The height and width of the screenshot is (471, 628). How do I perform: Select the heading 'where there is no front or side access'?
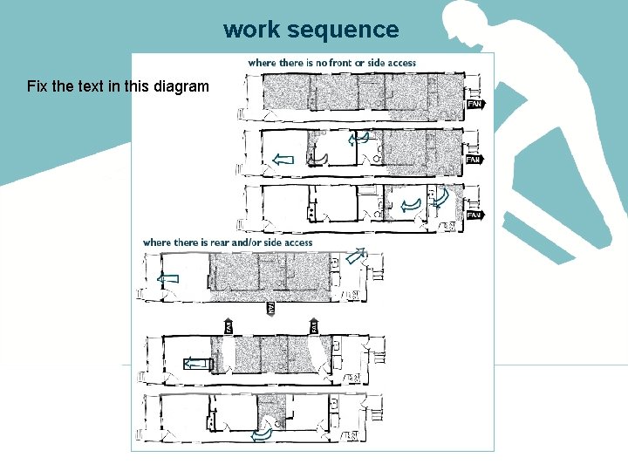331,63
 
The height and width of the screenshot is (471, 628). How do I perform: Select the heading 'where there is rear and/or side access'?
227,242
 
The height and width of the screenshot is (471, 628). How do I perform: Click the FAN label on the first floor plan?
475,104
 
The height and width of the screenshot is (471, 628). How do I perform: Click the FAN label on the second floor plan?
474,160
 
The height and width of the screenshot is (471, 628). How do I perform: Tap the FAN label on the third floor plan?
474,215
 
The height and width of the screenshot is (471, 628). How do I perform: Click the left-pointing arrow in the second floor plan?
283,159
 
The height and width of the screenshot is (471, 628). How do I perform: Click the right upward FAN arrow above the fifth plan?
311,326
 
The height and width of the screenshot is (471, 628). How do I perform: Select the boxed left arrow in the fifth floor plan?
196,364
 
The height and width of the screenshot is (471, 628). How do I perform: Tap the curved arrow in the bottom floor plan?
263,433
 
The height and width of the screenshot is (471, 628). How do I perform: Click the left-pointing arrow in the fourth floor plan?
168,278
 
